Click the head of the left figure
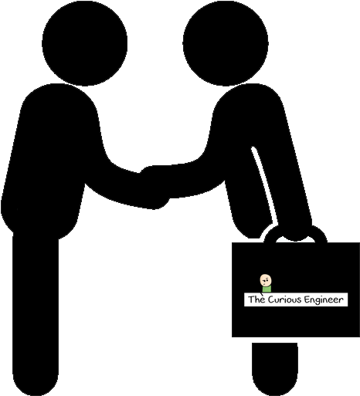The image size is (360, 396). pos(84,43)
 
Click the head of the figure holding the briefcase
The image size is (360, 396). pos(226,43)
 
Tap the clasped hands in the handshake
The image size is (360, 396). pos(155,187)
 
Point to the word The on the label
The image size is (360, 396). pos(256,300)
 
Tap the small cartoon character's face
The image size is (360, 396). pos(266,280)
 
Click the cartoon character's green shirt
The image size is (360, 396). pos(267,289)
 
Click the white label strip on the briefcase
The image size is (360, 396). pos(296,300)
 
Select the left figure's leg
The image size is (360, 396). pos(36,314)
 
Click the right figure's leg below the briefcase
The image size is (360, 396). pos(275,368)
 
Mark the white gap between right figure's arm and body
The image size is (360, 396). pos(265,185)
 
